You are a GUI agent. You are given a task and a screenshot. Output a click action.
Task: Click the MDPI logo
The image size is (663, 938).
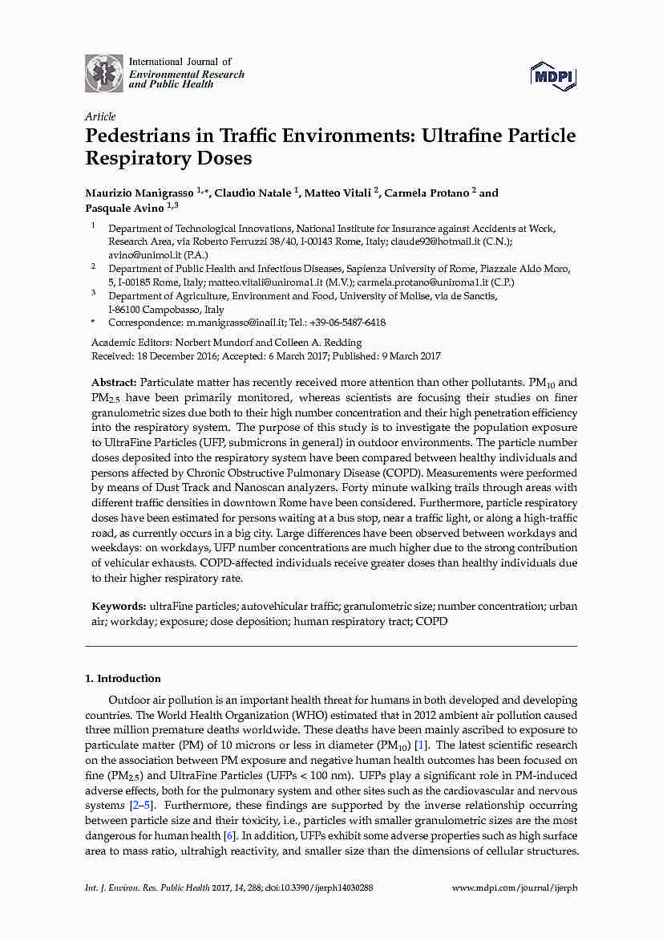pyautogui.click(x=553, y=75)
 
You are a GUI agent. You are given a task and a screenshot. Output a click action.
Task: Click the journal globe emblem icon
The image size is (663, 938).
pyautogui.click(x=104, y=73)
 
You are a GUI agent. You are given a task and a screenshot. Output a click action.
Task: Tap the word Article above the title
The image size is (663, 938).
pyautogui.click(x=100, y=116)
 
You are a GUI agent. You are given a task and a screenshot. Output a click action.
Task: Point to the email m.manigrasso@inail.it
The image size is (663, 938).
pyautogui.click(x=236, y=323)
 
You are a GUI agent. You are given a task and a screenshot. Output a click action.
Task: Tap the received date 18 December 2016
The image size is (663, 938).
pyautogui.click(x=175, y=356)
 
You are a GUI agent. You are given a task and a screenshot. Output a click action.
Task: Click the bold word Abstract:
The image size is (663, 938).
pyautogui.click(x=115, y=384)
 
